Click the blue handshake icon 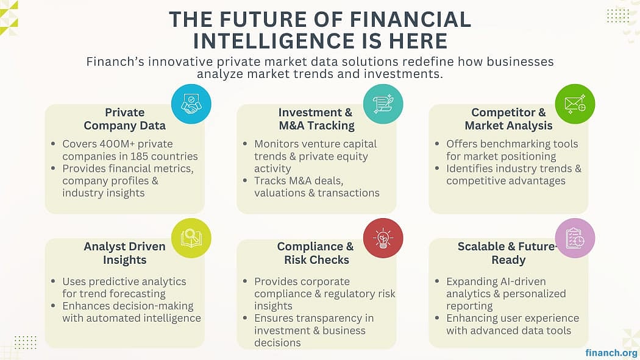[x=191, y=104]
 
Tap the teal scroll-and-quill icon [x=383, y=104]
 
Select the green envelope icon [x=575, y=104]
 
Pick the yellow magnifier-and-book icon [x=191, y=238]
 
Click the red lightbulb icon [x=383, y=238]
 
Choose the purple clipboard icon [x=575, y=238]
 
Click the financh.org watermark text [x=611, y=353]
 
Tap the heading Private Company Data [x=124, y=119]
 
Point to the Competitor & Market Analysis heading [x=508, y=119]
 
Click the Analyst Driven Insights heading [x=124, y=253]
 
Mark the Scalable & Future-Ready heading [x=508, y=253]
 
